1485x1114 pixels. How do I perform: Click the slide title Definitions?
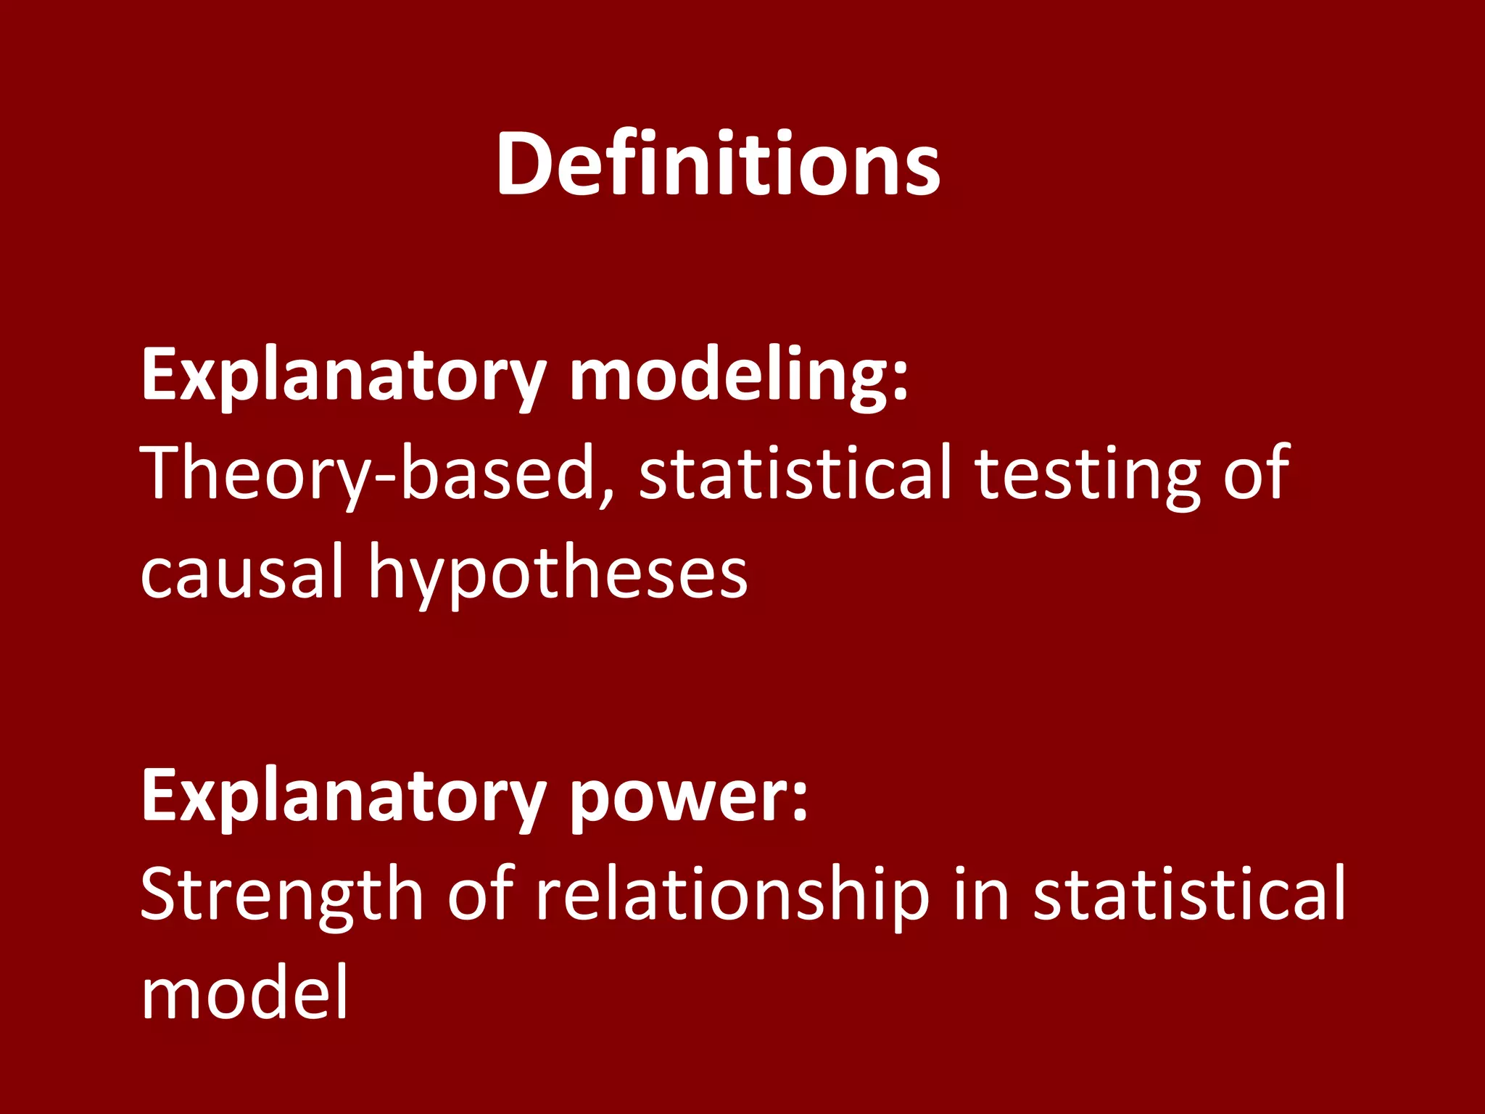(718, 163)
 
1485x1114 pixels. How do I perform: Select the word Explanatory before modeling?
(343, 375)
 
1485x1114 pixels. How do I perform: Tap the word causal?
(241, 572)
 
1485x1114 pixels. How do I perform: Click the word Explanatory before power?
(343, 796)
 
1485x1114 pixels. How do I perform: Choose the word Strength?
(281, 894)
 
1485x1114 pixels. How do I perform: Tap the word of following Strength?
(481, 894)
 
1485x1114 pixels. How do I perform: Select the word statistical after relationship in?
(1190, 894)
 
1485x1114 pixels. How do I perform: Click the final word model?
(245, 993)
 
